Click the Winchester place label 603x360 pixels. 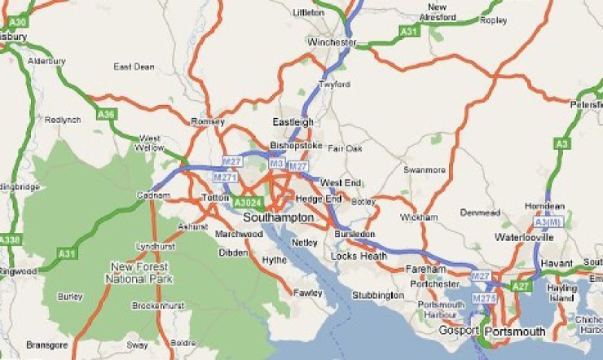(x=332, y=42)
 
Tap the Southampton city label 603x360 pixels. (x=278, y=217)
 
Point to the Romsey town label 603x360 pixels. (x=207, y=121)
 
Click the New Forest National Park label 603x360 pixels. (x=137, y=272)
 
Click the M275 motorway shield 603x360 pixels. (x=485, y=298)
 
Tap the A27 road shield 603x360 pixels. (x=521, y=286)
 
